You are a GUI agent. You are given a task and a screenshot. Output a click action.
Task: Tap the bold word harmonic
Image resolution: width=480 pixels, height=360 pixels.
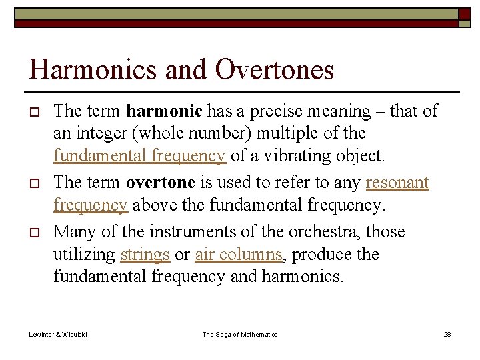[x=165, y=111]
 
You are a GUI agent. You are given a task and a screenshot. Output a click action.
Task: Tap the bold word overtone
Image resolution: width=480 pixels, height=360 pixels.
[x=159, y=183]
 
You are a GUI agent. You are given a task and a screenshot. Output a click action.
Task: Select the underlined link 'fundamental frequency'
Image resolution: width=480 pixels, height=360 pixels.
[x=139, y=156]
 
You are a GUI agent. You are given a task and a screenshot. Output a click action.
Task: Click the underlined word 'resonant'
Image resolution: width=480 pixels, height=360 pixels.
[x=397, y=183]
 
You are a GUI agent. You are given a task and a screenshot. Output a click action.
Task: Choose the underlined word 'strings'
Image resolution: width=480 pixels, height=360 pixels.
[x=145, y=255]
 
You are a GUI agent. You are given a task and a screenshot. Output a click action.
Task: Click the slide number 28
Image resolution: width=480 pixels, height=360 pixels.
[x=447, y=334]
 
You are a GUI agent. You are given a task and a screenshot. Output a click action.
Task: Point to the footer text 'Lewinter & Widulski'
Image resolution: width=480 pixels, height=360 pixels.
[x=58, y=334]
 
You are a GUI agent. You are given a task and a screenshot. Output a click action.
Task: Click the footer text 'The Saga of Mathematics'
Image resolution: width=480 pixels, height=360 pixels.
[x=240, y=334]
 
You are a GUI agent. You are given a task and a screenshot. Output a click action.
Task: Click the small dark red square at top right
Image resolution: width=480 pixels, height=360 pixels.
[x=465, y=14]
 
